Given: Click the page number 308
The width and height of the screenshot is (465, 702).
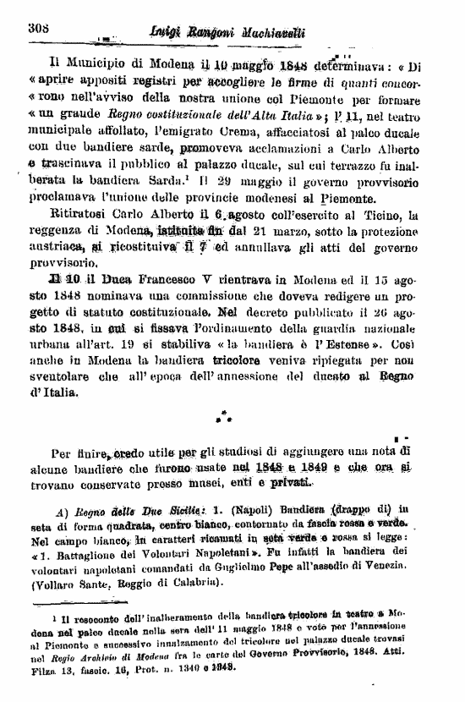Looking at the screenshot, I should click(39, 27).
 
